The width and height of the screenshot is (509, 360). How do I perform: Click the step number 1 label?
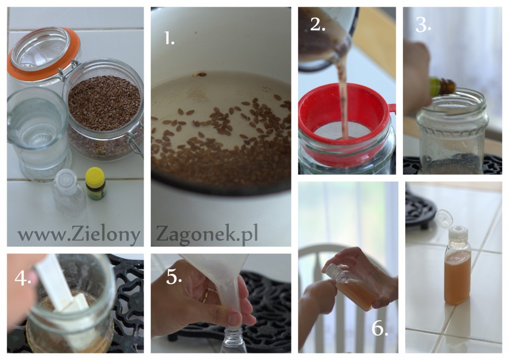(x=169, y=38)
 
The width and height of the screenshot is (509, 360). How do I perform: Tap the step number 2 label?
(x=318, y=24)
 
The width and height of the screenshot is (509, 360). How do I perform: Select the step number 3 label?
(x=423, y=24)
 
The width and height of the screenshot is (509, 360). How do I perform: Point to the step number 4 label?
(x=23, y=277)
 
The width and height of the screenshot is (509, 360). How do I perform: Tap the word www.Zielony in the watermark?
(x=79, y=234)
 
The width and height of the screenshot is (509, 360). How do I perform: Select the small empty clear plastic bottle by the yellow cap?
(x=69, y=193)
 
